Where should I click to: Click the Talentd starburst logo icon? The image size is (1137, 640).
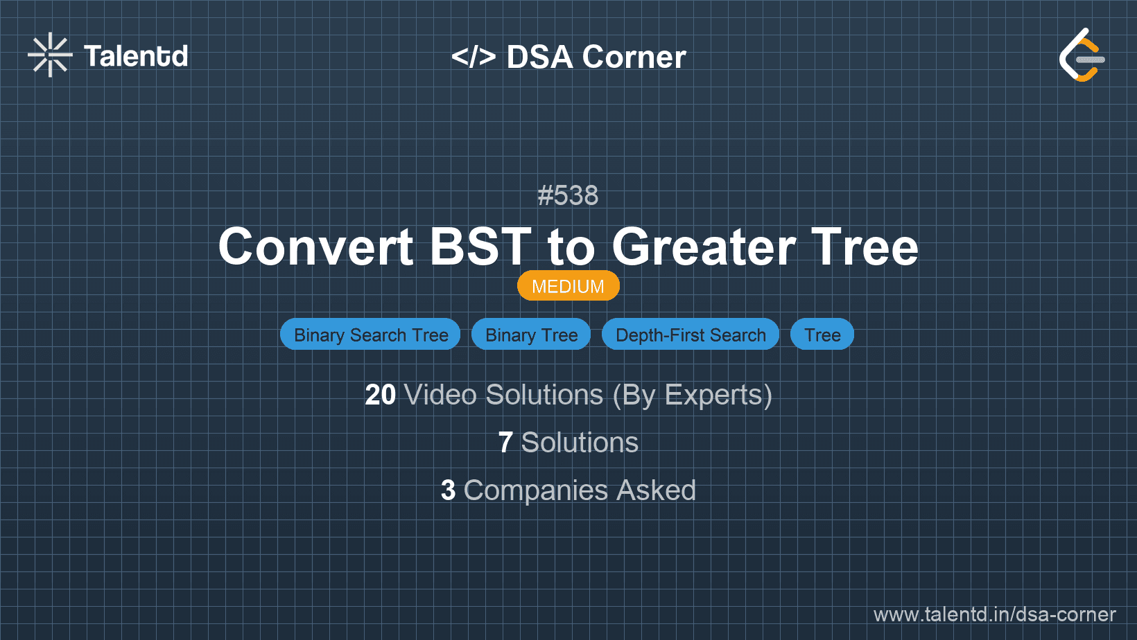pyautogui.click(x=50, y=55)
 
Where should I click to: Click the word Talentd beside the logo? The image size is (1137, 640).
pyautogui.click(x=136, y=56)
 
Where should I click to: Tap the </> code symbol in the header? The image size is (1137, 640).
pyautogui.click(x=473, y=57)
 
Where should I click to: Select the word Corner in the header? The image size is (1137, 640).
pyautogui.click(x=634, y=57)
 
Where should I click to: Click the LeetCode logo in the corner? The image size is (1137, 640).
pyautogui.click(x=1082, y=55)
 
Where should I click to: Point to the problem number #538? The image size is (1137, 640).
pyautogui.click(x=568, y=195)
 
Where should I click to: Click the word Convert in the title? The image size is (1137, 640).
pyautogui.click(x=315, y=247)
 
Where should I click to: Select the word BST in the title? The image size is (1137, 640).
pyautogui.click(x=480, y=247)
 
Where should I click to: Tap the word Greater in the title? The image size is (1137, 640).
pyautogui.click(x=703, y=247)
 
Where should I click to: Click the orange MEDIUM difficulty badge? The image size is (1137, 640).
pyautogui.click(x=568, y=286)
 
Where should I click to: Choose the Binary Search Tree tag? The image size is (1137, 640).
pyautogui.click(x=370, y=335)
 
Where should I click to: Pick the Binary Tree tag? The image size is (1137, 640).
pyautogui.click(x=531, y=335)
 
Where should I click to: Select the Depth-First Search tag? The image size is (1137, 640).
pyautogui.click(x=691, y=335)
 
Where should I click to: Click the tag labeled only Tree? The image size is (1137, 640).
pyautogui.click(x=822, y=335)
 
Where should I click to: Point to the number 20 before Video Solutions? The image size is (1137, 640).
pyautogui.click(x=380, y=395)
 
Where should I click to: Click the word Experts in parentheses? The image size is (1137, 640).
pyautogui.click(x=713, y=395)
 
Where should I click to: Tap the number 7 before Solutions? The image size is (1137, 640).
pyautogui.click(x=505, y=443)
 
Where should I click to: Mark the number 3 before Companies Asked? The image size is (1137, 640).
pyautogui.click(x=448, y=490)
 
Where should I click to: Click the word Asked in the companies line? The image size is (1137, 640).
pyautogui.click(x=656, y=490)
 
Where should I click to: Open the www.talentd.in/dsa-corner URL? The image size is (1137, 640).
pyautogui.click(x=994, y=614)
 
